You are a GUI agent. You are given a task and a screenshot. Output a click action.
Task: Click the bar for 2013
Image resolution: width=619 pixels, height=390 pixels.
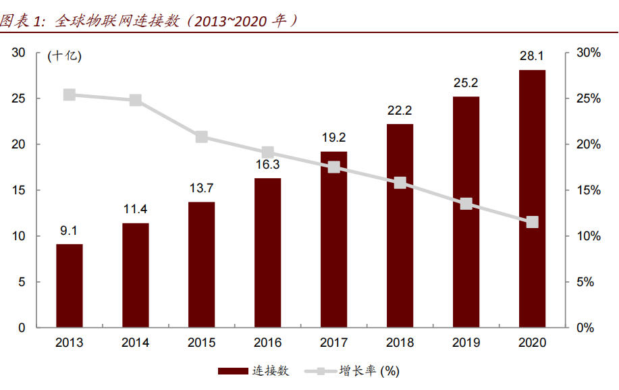(x=70, y=285)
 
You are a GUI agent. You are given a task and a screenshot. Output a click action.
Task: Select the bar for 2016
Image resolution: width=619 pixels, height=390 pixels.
(x=268, y=253)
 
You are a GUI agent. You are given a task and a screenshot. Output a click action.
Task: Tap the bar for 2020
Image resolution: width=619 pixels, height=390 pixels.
(x=532, y=199)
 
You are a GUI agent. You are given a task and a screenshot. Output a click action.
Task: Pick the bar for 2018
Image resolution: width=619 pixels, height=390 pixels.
(x=400, y=226)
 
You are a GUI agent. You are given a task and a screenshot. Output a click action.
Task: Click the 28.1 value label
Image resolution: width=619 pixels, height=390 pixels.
(x=532, y=56)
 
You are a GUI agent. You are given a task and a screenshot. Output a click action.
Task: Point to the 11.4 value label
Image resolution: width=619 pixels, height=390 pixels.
(x=136, y=209)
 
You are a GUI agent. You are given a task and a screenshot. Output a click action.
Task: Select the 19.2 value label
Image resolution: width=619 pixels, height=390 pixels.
(x=333, y=138)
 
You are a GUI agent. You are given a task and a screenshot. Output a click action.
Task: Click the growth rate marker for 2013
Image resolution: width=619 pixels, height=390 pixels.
(x=70, y=95)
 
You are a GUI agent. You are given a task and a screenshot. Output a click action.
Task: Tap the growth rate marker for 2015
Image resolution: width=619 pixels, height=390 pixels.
(x=202, y=137)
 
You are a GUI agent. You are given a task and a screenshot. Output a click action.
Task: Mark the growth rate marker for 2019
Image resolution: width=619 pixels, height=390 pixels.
(x=466, y=204)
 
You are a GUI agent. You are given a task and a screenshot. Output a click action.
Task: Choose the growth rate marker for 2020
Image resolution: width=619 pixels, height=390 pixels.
(x=532, y=222)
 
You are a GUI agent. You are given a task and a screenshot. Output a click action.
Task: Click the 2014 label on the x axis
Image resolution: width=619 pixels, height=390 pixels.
(x=136, y=343)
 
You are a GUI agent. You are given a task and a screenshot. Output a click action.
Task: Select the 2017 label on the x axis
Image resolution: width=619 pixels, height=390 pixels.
(x=333, y=343)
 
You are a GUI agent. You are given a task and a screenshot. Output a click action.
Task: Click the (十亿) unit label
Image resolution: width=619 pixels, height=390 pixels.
(x=64, y=57)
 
